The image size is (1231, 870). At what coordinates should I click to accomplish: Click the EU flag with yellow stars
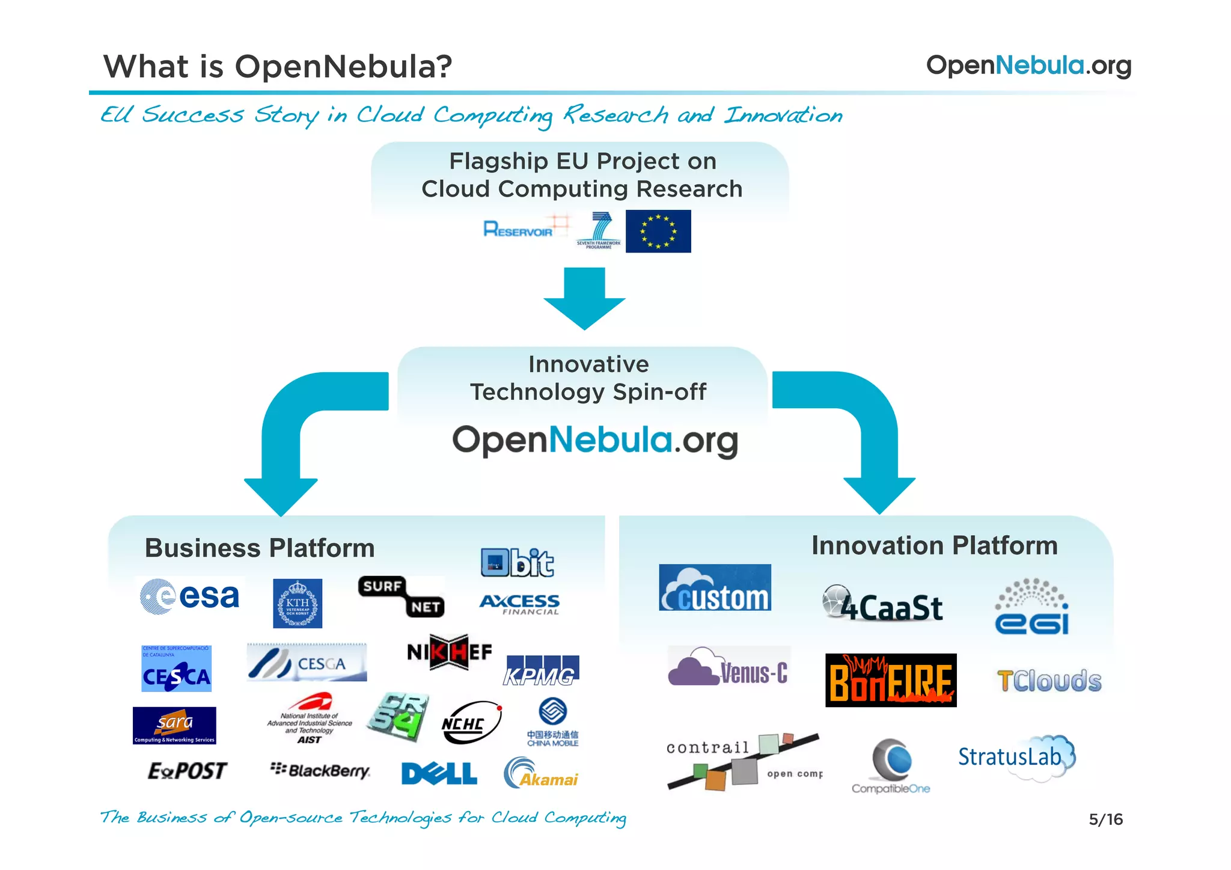[x=658, y=231]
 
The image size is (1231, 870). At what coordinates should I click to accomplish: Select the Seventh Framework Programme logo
[x=598, y=231]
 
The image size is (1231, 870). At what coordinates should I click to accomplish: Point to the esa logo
[x=191, y=596]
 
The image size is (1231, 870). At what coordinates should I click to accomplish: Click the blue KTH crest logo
[x=297, y=604]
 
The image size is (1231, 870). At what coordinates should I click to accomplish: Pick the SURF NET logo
[x=402, y=596]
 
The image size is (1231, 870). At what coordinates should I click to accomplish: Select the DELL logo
[x=439, y=774]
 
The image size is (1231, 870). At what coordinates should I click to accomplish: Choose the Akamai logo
[x=540, y=774]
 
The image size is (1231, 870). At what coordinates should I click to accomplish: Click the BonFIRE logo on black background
[x=890, y=681]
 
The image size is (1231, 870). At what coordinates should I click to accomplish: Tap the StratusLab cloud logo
[x=1016, y=757]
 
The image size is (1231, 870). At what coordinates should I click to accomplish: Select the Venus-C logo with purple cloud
[x=729, y=667]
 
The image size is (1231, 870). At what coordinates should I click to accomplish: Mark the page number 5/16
[x=1105, y=819]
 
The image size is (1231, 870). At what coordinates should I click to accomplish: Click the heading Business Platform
[x=260, y=548]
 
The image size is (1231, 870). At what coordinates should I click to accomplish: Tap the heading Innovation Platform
[x=934, y=546]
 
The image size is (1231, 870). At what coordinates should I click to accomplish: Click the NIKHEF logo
[x=449, y=652]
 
